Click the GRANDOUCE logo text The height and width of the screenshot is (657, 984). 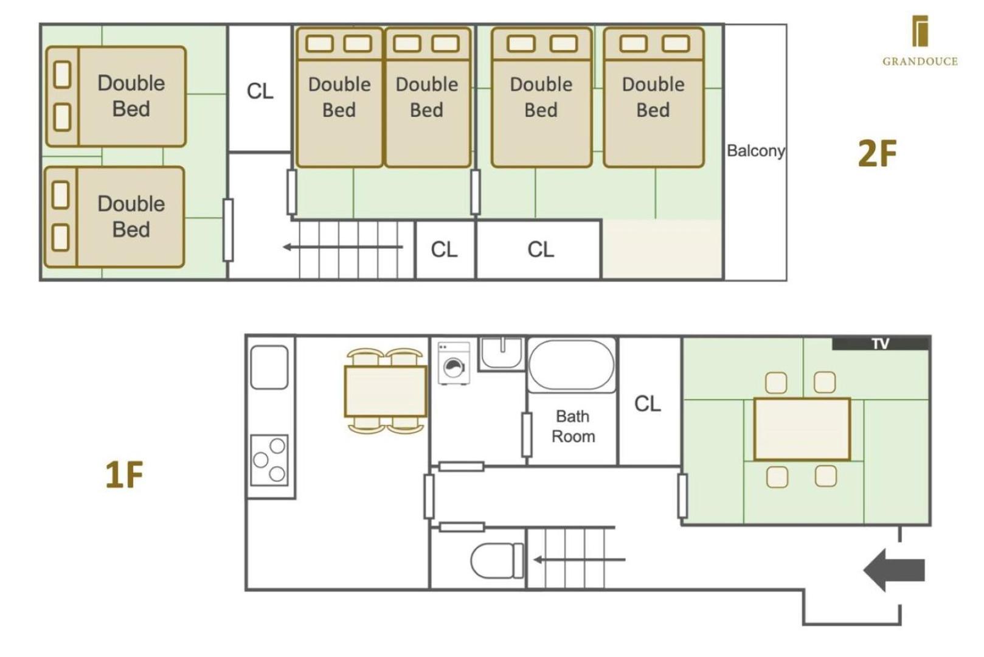[x=920, y=61]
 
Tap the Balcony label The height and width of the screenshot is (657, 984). [x=755, y=151]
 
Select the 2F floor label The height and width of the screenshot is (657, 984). [x=877, y=153]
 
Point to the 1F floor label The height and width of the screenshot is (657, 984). [x=124, y=474]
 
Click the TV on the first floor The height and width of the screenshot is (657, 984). [x=881, y=343]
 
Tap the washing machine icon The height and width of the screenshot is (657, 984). [x=454, y=363]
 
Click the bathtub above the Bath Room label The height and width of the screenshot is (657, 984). [x=571, y=365]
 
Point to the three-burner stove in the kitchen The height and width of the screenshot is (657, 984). [x=269, y=460]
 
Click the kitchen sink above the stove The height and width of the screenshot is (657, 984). [x=269, y=367]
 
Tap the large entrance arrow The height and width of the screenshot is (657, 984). [x=895, y=570]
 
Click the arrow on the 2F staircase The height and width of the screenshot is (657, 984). [x=342, y=247]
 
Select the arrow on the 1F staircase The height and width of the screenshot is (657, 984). [x=579, y=560]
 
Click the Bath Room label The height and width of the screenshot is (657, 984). [x=573, y=426]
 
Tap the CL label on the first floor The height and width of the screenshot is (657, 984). [x=648, y=403]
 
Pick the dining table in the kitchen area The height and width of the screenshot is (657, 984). [x=385, y=391]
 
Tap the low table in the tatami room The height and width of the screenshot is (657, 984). [x=802, y=429]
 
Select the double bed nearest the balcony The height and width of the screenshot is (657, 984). [x=654, y=97]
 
